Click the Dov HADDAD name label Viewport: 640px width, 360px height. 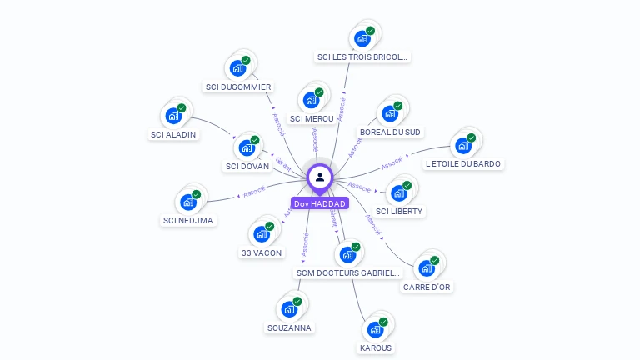(x=319, y=203)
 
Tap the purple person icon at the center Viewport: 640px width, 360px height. (x=320, y=177)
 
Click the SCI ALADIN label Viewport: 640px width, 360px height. (x=173, y=134)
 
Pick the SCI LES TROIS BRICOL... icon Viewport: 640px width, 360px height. (x=362, y=38)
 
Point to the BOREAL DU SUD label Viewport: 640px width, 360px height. (x=390, y=132)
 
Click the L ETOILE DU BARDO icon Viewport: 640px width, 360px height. (x=462, y=146)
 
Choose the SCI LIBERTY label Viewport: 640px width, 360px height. (x=400, y=211)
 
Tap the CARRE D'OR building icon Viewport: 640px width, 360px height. (x=427, y=267)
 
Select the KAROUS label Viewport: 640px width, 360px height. (x=376, y=347)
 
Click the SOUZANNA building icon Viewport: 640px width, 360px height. (x=289, y=309)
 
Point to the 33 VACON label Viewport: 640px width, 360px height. (x=261, y=252)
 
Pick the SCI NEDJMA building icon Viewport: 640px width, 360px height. (x=187, y=202)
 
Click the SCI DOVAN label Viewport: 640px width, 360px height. (x=247, y=166)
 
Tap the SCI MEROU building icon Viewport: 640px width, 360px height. (x=312, y=100)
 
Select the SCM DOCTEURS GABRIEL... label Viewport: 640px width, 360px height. (x=348, y=272)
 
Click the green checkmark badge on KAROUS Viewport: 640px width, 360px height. (x=383, y=321)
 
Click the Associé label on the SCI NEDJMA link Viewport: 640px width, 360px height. (x=253, y=191)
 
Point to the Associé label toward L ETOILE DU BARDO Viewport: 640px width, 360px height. (x=392, y=162)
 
